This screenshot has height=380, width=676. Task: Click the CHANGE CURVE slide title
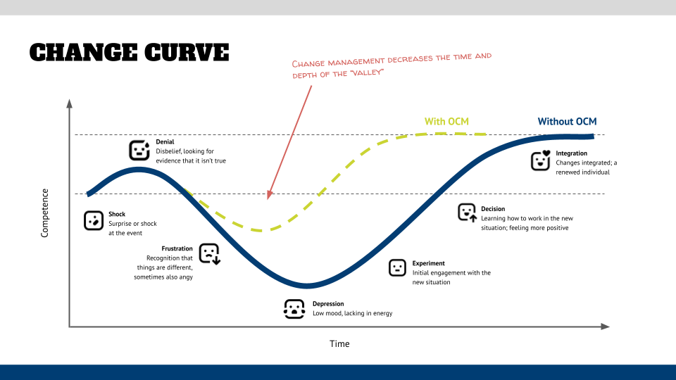pos(129,53)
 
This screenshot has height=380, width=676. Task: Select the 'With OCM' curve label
pos(446,121)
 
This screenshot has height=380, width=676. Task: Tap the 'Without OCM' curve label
pos(567,121)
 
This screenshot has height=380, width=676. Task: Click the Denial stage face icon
pos(139,151)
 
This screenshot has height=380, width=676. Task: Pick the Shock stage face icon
pos(93,220)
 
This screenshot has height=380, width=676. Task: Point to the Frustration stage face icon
pos(210,253)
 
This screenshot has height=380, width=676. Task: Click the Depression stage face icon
pos(294,309)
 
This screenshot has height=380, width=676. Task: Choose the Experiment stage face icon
pos(398,267)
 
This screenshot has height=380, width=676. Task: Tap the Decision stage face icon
pos(467,213)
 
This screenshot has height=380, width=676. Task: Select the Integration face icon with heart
pos(540,161)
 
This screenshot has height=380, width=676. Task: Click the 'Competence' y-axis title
pos(45,213)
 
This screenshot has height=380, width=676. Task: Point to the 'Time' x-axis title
pos(339,344)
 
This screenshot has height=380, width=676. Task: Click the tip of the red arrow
pos(268,198)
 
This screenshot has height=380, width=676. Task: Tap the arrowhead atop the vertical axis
pos(69,103)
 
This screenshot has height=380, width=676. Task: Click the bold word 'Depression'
pos(328,304)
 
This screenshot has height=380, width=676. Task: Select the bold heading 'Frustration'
pos(177,248)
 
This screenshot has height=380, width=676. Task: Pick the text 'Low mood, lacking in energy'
pos(352,313)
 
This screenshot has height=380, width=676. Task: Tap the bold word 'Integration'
pos(571,153)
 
